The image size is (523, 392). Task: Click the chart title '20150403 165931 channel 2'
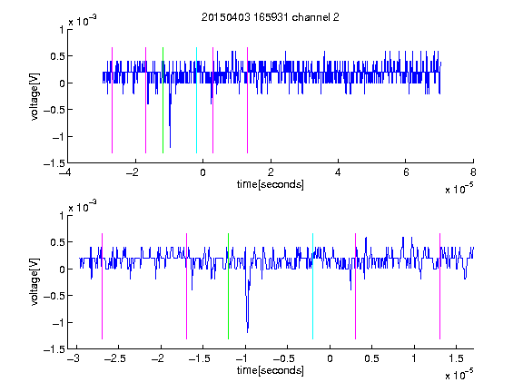pos(271,17)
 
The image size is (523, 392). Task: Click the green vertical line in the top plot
pos(163,101)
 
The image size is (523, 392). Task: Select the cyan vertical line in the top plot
pos(196,101)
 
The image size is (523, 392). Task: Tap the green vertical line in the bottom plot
pos(228,287)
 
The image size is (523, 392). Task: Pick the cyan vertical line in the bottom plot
pos(312,287)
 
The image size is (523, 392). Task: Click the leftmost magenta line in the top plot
pos(112,101)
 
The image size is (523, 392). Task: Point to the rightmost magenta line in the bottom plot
pos(440,287)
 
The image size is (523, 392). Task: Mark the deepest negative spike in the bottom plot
pos(248,332)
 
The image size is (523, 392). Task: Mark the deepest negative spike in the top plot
pos(170,147)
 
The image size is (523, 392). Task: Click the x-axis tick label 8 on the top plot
pos(473,172)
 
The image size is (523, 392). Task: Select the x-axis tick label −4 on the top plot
pos(64,172)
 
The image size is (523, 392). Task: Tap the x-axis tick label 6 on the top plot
pos(406,172)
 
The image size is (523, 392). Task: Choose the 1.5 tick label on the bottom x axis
pos(456,358)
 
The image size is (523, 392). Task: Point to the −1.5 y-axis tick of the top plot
pos(54,163)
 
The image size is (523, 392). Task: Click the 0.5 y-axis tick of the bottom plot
pos(57,242)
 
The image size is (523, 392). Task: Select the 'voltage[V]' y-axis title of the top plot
pos(35,97)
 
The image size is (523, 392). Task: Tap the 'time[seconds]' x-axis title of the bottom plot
pos(271,370)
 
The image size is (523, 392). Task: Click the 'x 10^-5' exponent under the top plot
pos(459,189)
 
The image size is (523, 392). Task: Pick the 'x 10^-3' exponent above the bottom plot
pos(83,206)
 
